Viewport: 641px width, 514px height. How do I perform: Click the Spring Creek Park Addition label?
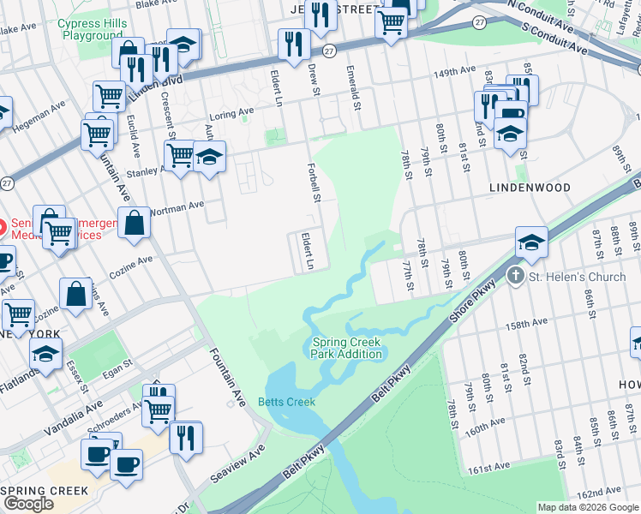pyautogui.click(x=346, y=348)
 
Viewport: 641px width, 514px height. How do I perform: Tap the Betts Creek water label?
pyautogui.click(x=287, y=402)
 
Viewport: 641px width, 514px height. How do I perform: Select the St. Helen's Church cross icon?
pyautogui.click(x=515, y=277)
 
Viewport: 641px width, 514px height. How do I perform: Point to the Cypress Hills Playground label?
pyautogui.click(x=91, y=30)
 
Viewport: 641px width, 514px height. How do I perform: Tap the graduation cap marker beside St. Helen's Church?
pyautogui.click(x=531, y=242)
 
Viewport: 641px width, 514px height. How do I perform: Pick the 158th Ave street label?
pyautogui.click(x=526, y=326)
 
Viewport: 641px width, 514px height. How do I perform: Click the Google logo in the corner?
pyautogui.click(x=27, y=504)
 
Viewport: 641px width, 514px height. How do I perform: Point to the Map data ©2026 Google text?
pyautogui.click(x=588, y=507)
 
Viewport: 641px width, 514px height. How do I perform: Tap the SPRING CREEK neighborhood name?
pyautogui.click(x=45, y=490)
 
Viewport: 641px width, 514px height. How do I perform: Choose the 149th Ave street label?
pyautogui.click(x=453, y=74)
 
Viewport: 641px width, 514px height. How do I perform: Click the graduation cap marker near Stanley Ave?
pyautogui.click(x=208, y=157)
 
